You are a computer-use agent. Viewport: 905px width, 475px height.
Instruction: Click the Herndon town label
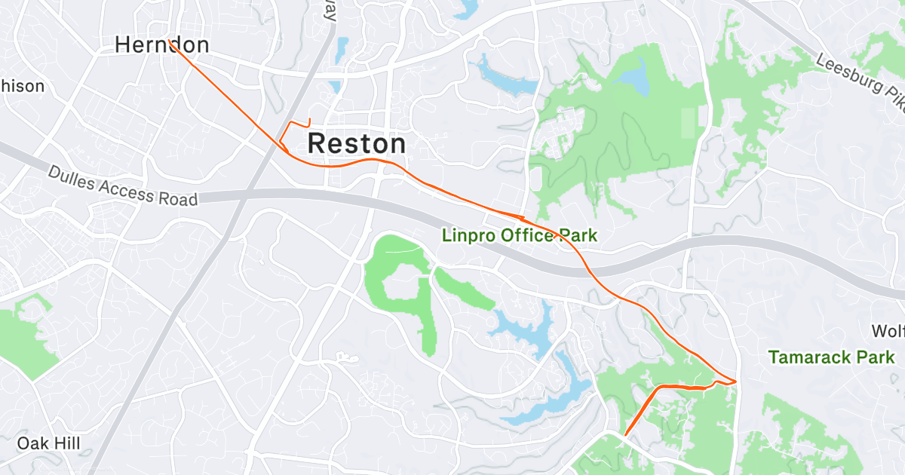click(161, 45)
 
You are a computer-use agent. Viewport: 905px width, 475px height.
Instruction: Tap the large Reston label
click(357, 143)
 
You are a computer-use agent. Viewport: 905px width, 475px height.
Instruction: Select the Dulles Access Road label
click(123, 186)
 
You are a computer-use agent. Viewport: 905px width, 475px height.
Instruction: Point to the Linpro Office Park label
click(519, 236)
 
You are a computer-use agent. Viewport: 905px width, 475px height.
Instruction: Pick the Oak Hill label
click(49, 443)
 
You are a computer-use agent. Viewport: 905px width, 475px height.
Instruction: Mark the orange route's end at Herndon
click(172, 43)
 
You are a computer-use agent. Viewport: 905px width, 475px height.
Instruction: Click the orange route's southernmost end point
click(625, 434)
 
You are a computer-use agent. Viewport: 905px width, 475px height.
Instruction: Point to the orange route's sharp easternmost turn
click(735, 382)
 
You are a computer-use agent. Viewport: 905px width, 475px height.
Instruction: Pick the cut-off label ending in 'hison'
click(23, 86)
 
